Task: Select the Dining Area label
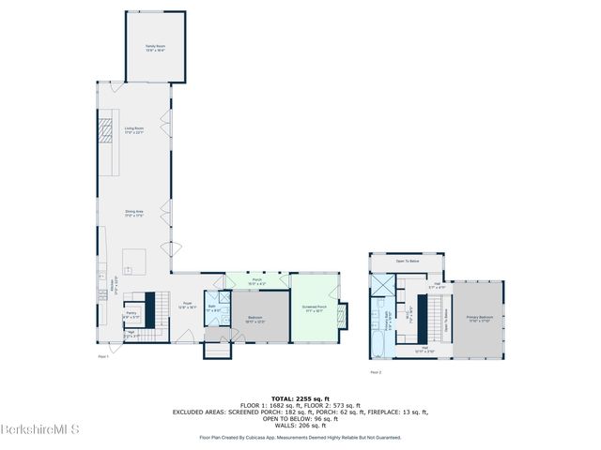134,214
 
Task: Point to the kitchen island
133,259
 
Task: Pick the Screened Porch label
314,308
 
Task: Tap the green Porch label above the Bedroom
255,280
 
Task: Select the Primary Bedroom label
480,319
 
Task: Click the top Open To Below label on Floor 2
408,261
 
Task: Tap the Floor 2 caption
375,372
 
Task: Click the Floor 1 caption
102,356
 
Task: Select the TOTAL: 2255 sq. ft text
300,397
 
